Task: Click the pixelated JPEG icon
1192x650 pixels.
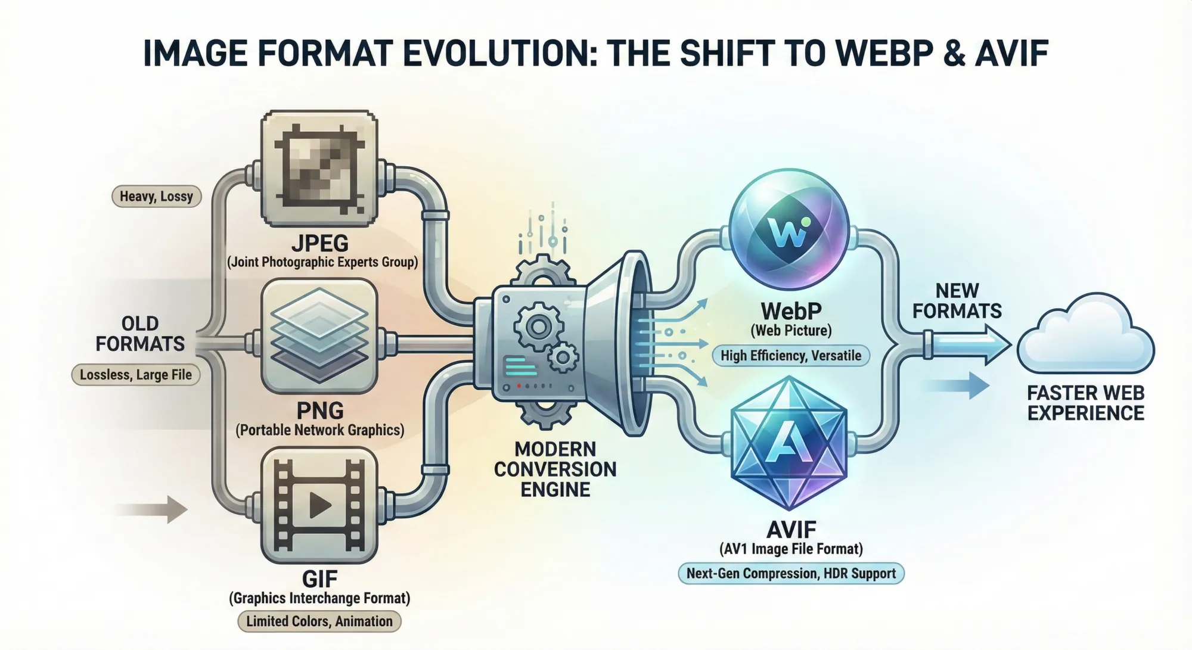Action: coord(320,169)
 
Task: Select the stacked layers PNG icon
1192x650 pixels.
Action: coord(320,335)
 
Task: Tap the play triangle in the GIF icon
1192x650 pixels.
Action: coord(320,505)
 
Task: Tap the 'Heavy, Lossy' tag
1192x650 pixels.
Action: coord(156,196)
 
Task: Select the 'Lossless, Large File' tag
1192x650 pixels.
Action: coord(136,375)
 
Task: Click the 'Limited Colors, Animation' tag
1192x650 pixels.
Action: coord(319,621)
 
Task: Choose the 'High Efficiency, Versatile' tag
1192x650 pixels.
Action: coord(791,356)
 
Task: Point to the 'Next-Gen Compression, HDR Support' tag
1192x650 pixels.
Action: coord(791,574)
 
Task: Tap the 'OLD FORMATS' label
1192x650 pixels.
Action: coord(140,334)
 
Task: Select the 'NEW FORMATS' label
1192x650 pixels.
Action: coord(957,301)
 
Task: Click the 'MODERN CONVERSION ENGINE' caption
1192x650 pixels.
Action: coord(555,469)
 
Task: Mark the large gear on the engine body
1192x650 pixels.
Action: coord(538,326)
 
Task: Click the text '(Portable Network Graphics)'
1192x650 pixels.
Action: coord(320,430)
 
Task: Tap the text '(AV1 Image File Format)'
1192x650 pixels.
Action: coord(791,549)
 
